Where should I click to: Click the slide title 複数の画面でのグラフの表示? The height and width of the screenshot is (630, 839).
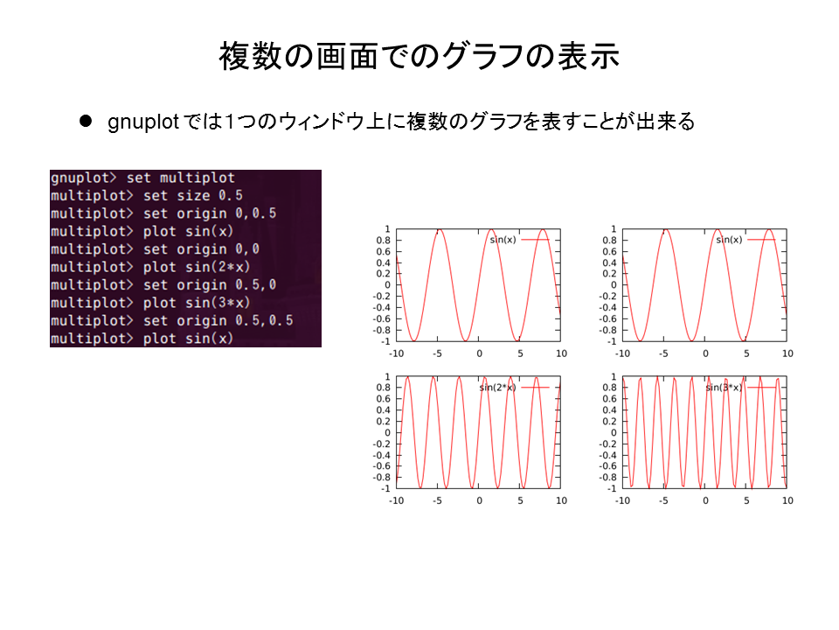(x=419, y=56)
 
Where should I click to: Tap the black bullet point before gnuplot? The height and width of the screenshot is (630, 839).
(x=86, y=121)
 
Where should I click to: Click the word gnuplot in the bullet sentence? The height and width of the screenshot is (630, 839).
(x=142, y=122)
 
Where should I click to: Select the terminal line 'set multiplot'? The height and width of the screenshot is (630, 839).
(x=142, y=178)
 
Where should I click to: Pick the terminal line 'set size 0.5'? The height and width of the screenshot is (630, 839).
(x=147, y=195)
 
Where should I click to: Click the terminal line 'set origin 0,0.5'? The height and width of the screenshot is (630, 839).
(x=163, y=213)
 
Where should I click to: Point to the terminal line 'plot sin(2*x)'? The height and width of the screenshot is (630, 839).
(x=150, y=267)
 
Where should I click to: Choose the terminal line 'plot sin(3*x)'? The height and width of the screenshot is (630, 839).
(x=150, y=303)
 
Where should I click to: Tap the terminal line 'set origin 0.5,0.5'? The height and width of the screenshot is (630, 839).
(x=172, y=320)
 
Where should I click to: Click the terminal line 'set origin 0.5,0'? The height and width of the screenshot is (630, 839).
(x=163, y=284)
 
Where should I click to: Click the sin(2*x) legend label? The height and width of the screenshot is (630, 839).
(x=497, y=388)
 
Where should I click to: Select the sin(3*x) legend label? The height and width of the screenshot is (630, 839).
(x=724, y=388)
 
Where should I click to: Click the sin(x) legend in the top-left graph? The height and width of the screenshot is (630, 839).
(x=503, y=240)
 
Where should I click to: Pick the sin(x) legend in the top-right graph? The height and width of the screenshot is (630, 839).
(x=729, y=240)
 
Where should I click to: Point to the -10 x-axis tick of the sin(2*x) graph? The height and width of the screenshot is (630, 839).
(x=396, y=500)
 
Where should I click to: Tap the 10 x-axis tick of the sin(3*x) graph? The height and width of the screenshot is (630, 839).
(x=787, y=500)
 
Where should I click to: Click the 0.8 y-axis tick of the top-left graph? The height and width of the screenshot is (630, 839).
(x=383, y=240)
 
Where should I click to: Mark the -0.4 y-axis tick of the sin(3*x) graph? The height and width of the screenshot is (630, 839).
(x=608, y=455)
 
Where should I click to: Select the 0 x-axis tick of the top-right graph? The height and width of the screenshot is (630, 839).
(x=705, y=353)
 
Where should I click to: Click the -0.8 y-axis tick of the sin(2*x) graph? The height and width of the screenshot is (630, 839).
(x=382, y=478)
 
